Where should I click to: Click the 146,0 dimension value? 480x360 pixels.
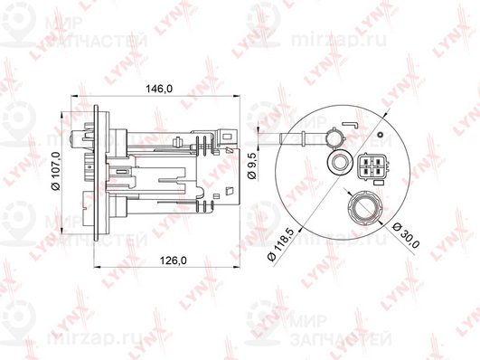(159, 89)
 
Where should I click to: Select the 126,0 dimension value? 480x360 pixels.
(174, 261)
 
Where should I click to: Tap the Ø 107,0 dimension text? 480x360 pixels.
(57, 171)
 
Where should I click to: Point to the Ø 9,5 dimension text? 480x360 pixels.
(252, 166)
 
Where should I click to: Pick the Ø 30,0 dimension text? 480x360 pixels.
(406, 235)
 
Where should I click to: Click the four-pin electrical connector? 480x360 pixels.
(372, 166)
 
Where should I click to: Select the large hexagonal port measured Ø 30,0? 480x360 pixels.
(365, 207)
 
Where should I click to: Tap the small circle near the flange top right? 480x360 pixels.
(381, 135)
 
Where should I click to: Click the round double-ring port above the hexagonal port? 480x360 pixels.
(340, 162)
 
